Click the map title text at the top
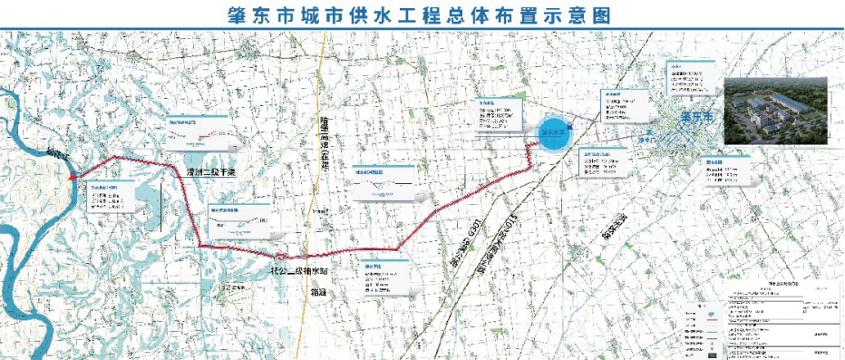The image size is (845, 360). click(x=422, y=15)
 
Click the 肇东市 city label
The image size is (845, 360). click(x=696, y=118)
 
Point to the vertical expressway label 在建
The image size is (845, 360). click(x=325, y=145)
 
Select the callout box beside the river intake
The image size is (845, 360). click(x=112, y=199)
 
